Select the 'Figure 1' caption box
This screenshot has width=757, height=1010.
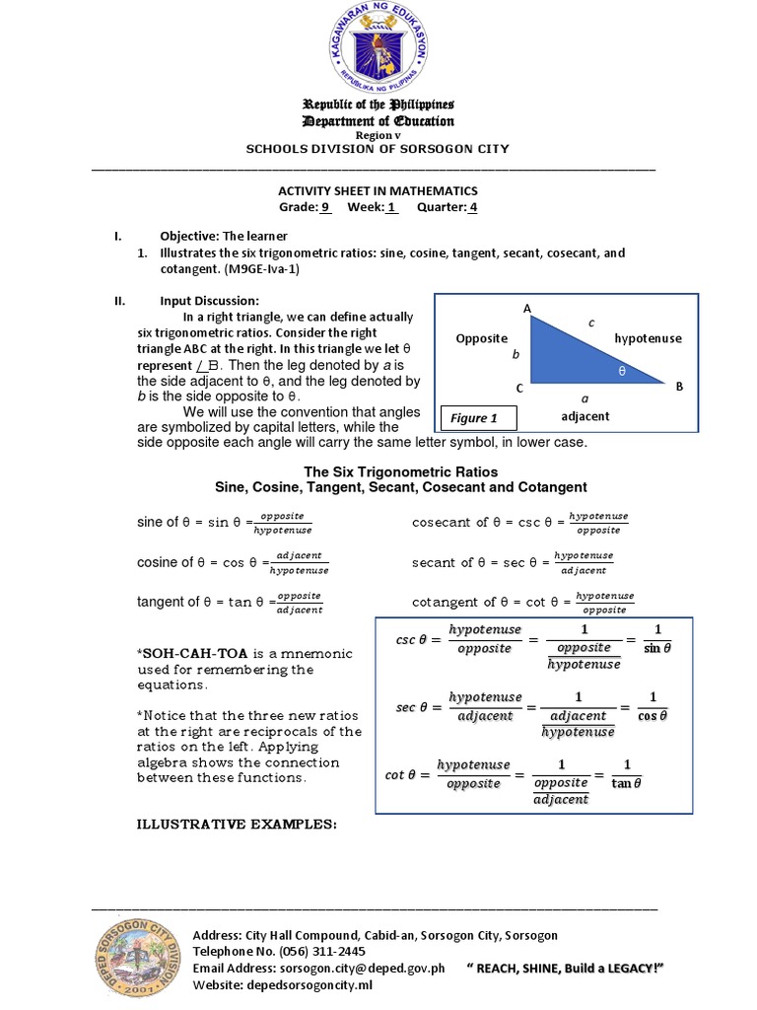(474, 417)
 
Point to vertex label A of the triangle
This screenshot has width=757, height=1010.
(527, 310)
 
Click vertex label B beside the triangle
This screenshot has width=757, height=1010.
(678, 388)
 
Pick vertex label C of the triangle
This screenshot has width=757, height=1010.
(518, 388)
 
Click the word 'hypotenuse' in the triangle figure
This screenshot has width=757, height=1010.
(648, 338)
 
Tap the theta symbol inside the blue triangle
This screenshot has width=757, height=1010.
(621, 373)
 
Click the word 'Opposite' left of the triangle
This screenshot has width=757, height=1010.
(481, 338)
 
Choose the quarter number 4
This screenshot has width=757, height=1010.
(473, 207)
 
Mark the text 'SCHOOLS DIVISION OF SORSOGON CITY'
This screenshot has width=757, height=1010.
(378, 148)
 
